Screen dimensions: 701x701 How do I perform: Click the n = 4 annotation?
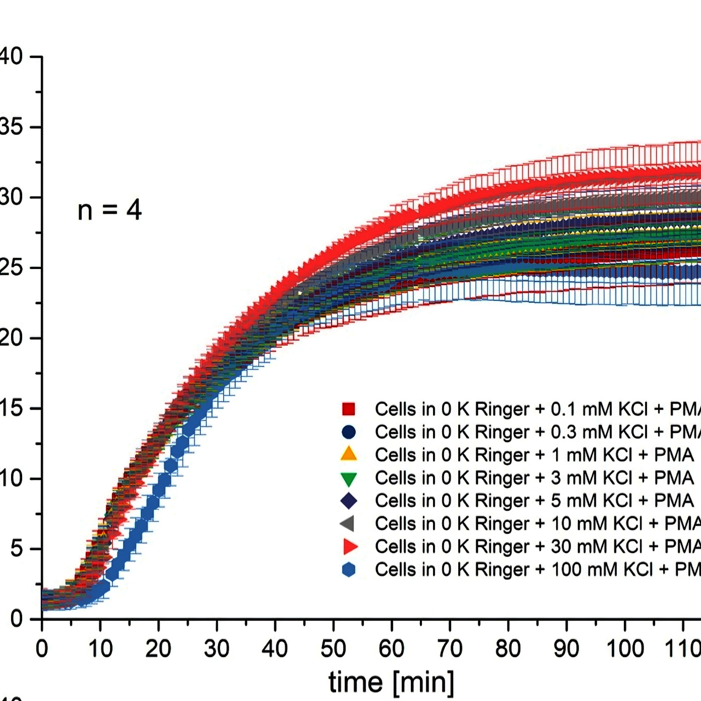110,210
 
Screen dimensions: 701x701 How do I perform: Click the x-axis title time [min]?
391,682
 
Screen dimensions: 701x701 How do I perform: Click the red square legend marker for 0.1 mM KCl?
349,409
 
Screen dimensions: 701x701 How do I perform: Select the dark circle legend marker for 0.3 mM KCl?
349,432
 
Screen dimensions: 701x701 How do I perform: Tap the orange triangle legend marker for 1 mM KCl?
349,454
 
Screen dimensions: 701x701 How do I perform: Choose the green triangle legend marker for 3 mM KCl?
349,478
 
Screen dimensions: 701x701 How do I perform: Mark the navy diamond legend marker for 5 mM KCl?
349,501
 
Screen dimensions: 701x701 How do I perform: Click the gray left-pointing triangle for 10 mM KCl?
348,523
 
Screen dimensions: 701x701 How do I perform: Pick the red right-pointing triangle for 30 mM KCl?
350,547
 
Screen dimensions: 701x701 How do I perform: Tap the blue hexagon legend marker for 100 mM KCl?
349,570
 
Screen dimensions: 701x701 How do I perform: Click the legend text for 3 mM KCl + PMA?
534,478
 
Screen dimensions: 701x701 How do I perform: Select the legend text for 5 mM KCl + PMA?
534,501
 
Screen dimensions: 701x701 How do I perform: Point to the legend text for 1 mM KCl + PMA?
534,455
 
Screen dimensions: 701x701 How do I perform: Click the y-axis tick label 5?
16,549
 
